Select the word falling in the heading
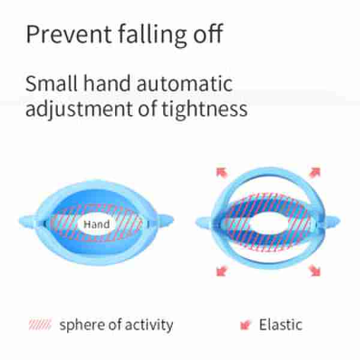152,35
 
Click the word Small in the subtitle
51,83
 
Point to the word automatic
185,83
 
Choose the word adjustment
79,109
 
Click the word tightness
205,109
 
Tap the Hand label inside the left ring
97,224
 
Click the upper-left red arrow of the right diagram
222,173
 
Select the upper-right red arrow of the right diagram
315,172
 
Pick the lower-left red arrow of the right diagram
222,271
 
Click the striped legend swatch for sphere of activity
40,325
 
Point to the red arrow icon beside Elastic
245,325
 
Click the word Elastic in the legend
281,325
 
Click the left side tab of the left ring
28,221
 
